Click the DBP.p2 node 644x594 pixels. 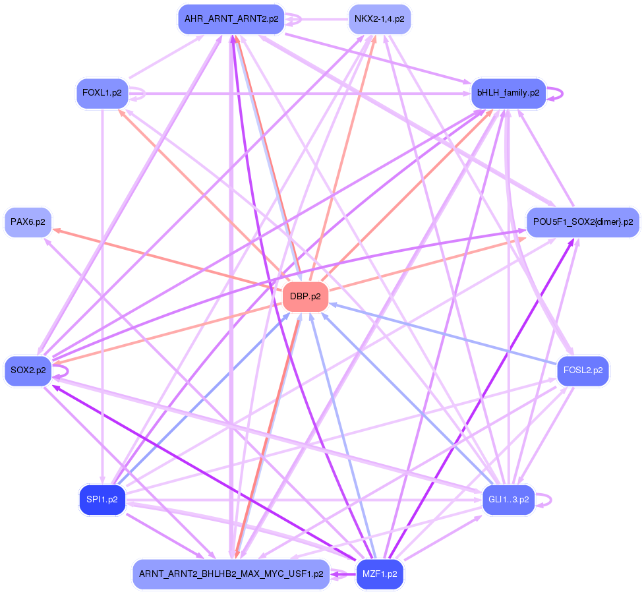(305, 297)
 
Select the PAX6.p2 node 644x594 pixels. (28, 222)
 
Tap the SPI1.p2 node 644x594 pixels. (102, 500)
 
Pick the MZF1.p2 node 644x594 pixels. (380, 574)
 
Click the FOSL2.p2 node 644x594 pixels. (583, 371)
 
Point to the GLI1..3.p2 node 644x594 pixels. (508, 500)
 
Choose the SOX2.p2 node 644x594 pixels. (28, 371)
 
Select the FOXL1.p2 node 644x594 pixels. (102, 93)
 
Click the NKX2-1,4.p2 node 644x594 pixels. (380, 19)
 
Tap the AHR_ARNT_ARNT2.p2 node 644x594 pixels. (231, 19)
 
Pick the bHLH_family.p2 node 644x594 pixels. (508, 93)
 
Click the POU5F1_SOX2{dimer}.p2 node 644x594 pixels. (583, 222)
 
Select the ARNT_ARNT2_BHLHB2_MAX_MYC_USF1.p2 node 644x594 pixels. (231, 574)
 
